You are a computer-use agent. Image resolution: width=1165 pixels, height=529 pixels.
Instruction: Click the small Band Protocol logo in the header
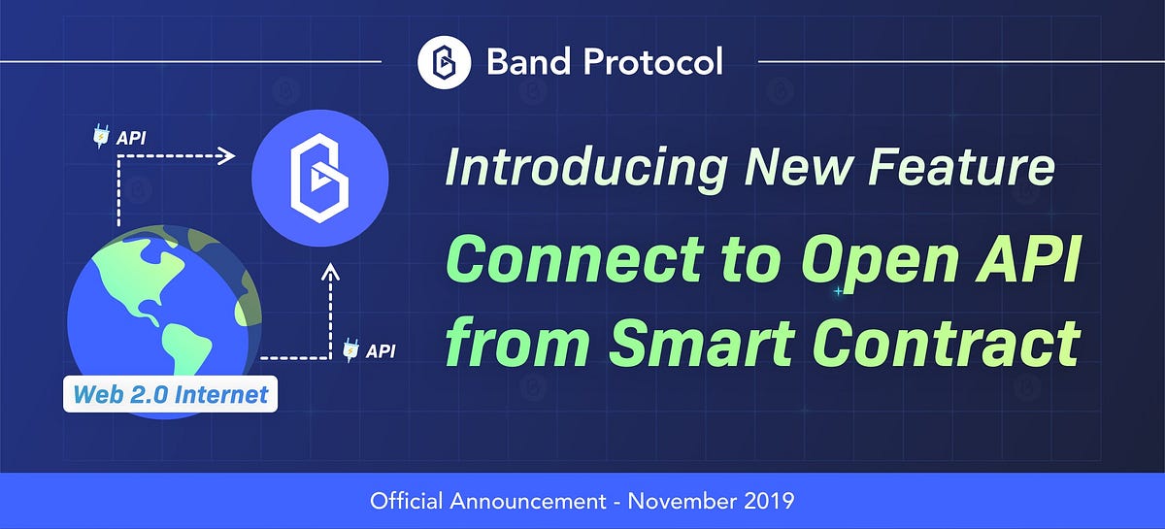[444, 62]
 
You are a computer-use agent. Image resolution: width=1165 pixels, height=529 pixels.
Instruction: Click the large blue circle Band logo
[319, 174]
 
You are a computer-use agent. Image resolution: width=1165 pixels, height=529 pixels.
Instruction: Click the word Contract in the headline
[948, 342]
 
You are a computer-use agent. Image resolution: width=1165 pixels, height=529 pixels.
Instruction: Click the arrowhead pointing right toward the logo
[227, 155]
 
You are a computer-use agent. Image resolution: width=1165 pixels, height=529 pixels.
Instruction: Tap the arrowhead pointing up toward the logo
[331, 277]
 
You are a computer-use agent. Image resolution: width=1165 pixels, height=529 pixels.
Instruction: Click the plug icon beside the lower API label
[351, 349]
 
